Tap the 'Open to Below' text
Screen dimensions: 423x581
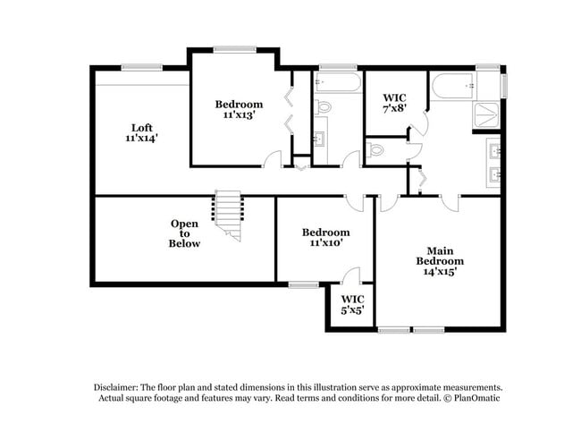pos(185,233)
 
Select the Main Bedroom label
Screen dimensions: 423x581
pos(439,255)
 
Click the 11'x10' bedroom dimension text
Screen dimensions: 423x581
pos(324,242)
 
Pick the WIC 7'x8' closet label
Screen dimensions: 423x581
pos(394,107)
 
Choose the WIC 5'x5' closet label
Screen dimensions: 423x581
pos(352,311)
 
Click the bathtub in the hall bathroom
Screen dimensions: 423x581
pos(338,84)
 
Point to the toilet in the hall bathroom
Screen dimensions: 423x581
pos(324,107)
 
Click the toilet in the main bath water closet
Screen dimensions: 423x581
pos(376,150)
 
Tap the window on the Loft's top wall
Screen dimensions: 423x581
pos(141,66)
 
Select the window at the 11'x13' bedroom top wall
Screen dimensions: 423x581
pos(235,48)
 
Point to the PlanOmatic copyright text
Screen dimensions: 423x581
pos(471,397)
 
